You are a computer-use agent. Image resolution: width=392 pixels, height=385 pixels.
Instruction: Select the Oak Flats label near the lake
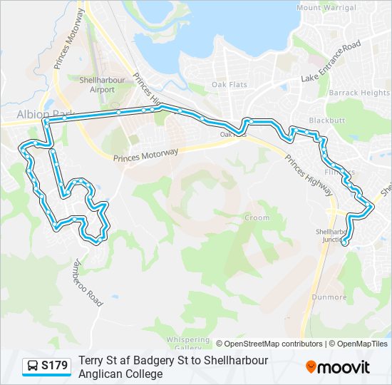(x=229, y=84)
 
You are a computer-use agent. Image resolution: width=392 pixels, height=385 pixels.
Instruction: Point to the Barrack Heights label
(x=359, y=93)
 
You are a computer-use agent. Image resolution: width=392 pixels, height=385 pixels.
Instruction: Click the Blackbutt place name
(x=327, y=120)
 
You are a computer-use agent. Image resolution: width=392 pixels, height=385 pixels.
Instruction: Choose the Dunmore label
(x=329, y=297)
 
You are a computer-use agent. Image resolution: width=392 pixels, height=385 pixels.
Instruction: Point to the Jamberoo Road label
(x=83, y=281)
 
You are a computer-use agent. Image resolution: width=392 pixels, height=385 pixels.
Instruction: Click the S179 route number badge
(x=54, y=366)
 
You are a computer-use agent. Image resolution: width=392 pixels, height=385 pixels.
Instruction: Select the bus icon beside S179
(x=33, y=366)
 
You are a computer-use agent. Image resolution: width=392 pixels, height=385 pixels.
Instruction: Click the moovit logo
(x=338, y=367)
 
